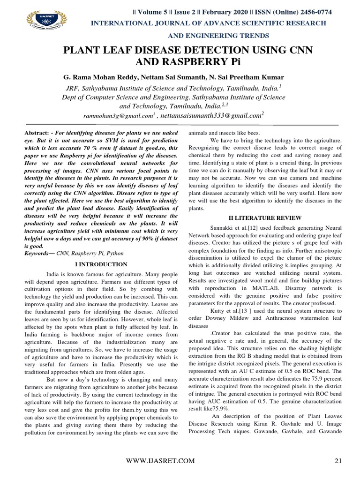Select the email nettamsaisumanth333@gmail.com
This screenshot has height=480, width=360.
click(x=213, y=115)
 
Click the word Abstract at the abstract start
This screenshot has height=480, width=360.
click(x=37, y=133)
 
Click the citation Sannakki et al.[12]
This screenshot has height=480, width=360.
click(x=234, y=227)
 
